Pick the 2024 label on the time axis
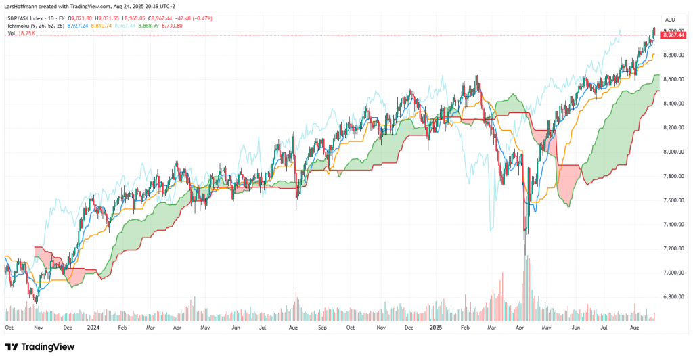94,326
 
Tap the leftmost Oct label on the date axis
9,326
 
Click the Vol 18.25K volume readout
22,33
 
